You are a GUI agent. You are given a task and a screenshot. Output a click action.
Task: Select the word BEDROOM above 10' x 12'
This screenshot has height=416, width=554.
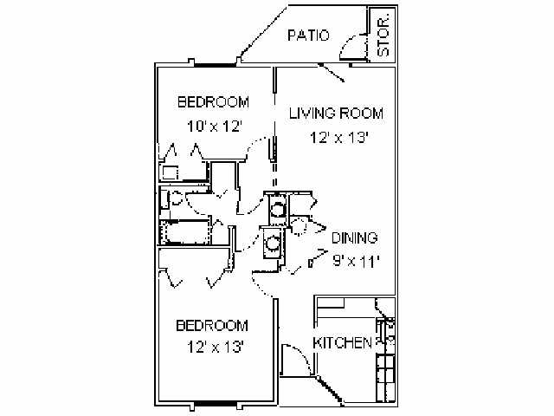(213, 102)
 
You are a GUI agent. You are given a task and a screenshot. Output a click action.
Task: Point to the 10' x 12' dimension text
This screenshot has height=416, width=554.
(213, 125)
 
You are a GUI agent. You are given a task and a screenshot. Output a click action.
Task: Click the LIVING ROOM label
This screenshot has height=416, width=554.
(336, 114)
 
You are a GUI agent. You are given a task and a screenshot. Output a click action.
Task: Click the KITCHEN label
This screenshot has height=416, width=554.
(343, 342)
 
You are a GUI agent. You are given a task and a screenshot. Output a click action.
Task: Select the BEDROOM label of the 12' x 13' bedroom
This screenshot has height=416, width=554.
(212, 326)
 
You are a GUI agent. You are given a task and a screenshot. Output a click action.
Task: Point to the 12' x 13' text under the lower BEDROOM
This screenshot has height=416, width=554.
(212, 348)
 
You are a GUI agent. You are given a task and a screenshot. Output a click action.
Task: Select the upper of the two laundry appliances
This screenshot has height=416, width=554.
(278, 209)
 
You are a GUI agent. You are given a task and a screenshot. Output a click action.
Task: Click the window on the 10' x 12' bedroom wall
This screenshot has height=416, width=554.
(214, 64)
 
